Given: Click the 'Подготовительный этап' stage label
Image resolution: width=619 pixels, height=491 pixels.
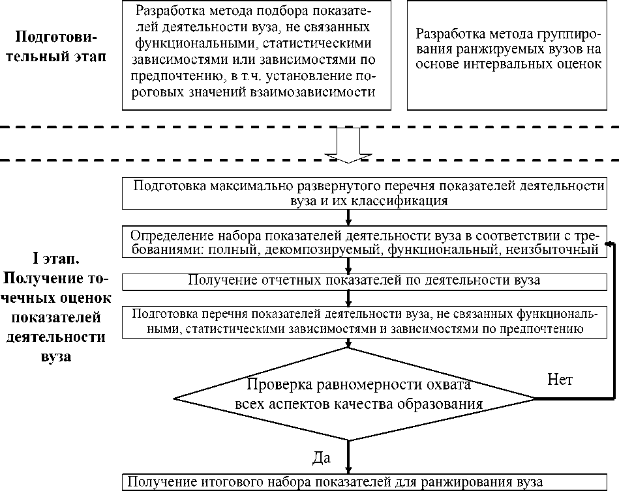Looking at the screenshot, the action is pos(56,46).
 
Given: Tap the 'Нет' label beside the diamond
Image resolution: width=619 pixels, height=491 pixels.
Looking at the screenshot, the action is pos(560,380).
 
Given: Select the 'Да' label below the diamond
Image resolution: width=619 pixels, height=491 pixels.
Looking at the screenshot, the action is pos(322,458).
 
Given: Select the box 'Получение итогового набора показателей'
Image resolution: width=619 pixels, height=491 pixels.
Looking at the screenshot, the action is pos(365,483).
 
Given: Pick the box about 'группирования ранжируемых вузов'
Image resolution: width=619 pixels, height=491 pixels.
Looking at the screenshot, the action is pos(507,55).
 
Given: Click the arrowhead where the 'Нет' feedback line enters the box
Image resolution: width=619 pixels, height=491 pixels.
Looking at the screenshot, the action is pos(610,244).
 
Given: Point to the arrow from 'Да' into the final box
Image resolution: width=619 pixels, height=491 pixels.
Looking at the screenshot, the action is pos(348,457).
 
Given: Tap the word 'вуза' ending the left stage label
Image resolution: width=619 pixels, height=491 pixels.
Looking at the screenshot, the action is pos(56,357).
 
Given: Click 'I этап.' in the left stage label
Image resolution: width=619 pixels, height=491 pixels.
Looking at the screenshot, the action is pos(56,259).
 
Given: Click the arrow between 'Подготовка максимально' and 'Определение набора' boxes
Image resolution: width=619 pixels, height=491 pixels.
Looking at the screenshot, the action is pos(348,217).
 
